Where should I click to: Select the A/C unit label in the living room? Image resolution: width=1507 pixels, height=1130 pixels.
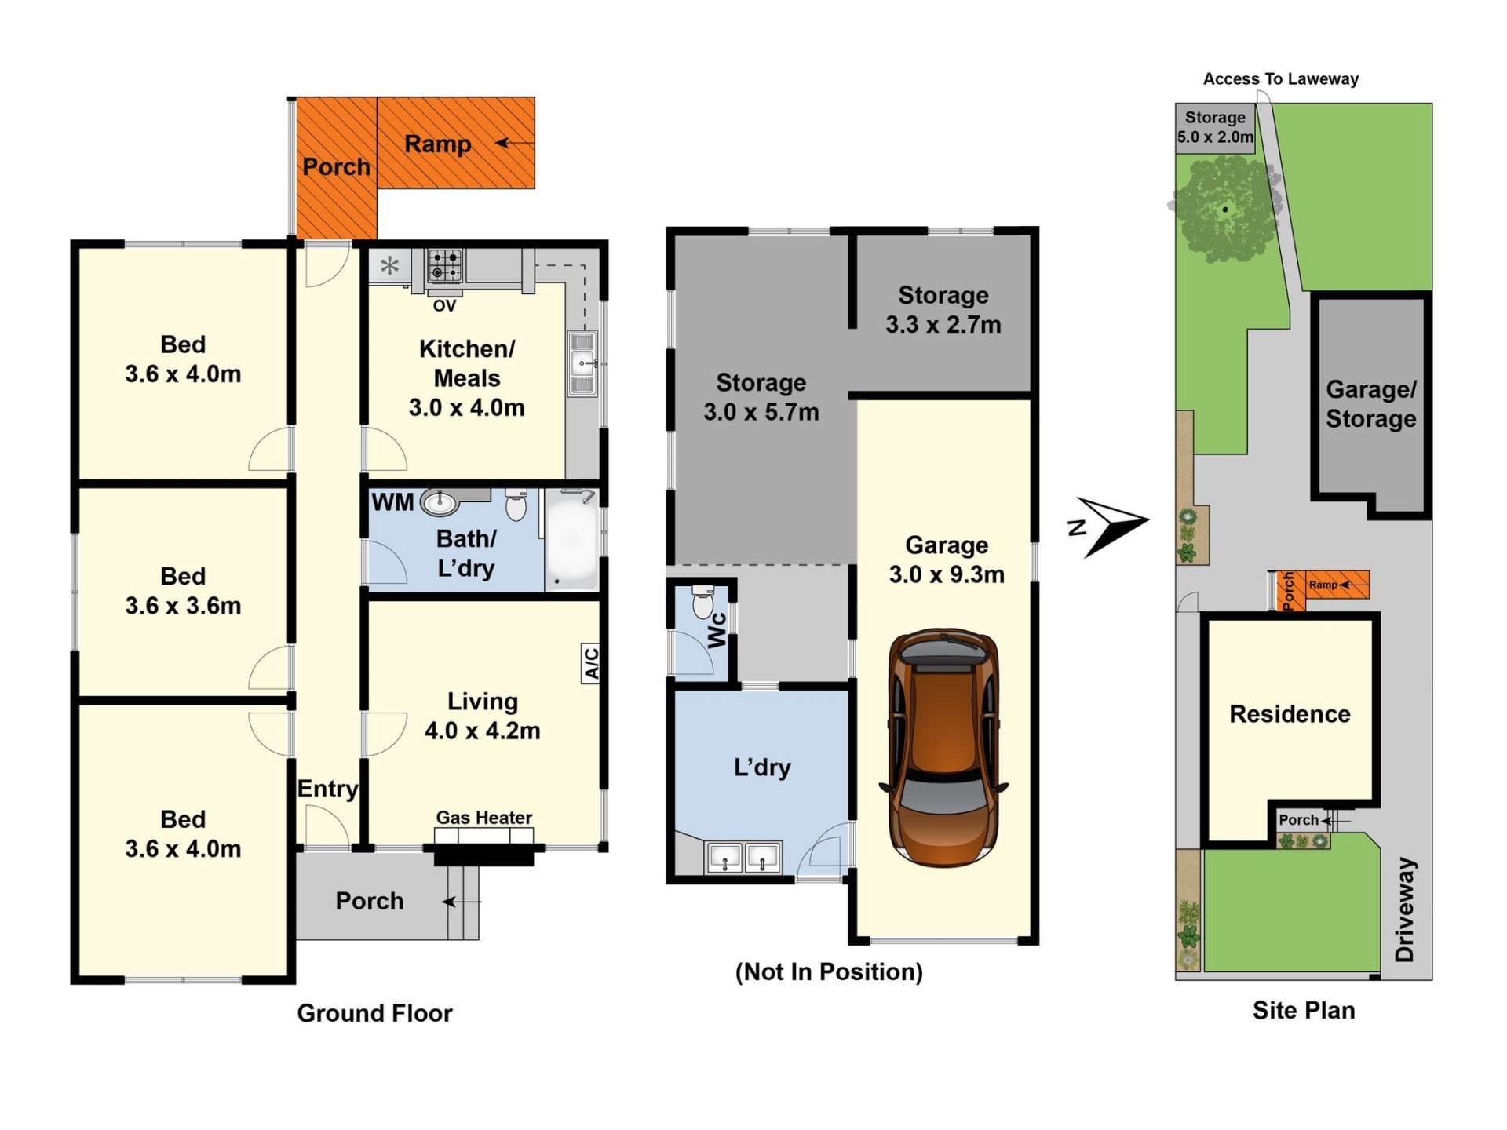tap(591, 663)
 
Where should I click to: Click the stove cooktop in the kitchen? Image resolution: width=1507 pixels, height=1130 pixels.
tap(445, 265)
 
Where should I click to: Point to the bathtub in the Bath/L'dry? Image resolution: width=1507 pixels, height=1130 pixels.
tap(572, 540)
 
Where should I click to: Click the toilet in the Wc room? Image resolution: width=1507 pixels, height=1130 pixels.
tap(702, 602)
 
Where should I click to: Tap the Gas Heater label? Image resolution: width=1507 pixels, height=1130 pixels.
tap(484, 818)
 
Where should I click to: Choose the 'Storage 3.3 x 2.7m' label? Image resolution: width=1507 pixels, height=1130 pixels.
tap(943, 310)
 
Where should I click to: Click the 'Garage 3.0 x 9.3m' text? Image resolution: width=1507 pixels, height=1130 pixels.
tap(947, 560)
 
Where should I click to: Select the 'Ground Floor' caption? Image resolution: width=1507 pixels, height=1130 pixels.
tap(374, 1013)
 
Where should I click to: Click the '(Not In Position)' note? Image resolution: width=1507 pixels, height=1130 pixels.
tap(829, 971)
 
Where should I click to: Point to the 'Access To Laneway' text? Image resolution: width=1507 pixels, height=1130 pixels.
tap(1281, 78)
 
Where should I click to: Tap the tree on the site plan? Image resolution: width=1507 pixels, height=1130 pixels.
tap(1224, 209)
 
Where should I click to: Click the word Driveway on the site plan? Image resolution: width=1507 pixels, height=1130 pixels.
tap(1405, 909)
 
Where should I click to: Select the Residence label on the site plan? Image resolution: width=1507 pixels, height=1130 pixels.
tap(1290, 714)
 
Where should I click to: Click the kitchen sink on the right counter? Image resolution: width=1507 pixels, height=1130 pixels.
tap(582, 363)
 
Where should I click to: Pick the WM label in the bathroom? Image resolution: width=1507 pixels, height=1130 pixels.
tap(392, 502)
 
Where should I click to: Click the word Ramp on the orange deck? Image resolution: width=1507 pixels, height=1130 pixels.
tap(438, 144)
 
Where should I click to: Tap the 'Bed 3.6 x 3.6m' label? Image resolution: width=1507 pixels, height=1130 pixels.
tap(183, 591)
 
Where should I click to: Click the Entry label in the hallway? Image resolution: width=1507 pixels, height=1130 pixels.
tap(327, 789)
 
